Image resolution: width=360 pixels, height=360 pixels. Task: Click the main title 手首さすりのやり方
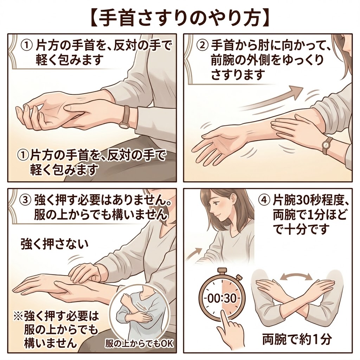pyautogui.click(x=180, y=17)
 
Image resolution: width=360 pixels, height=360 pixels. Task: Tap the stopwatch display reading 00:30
pyautogui.click(x=221, y=298)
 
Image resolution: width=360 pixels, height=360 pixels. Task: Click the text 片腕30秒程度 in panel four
pyautogui.click(x=309, y=201)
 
